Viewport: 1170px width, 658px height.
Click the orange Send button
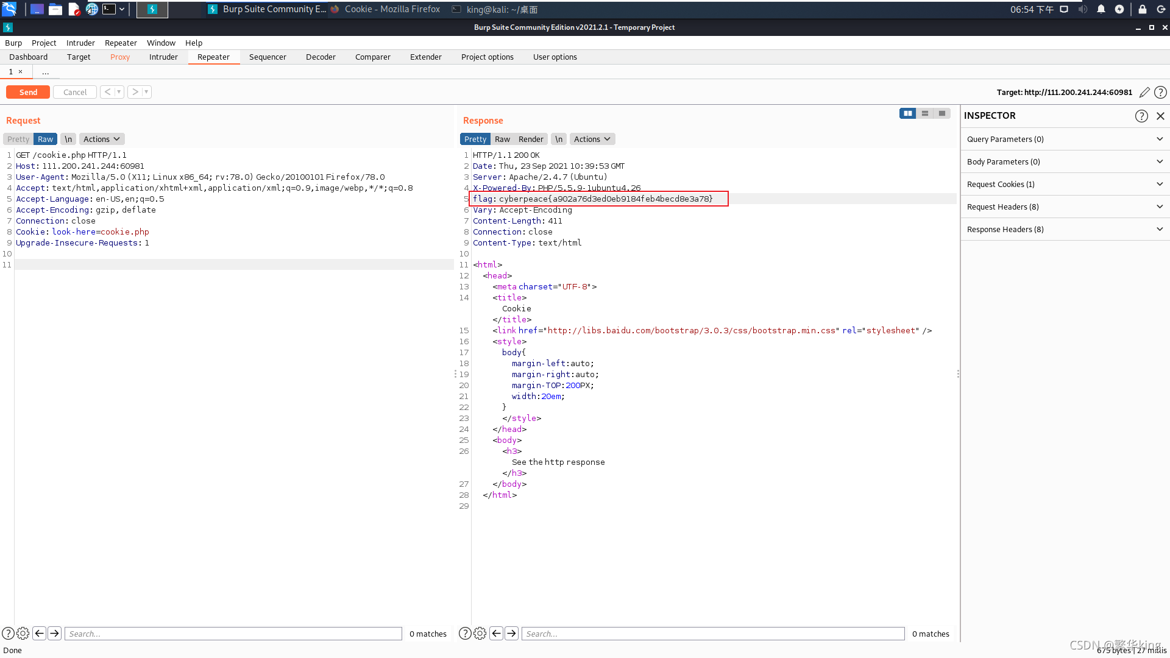[x=28, y=92]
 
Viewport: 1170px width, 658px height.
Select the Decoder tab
[x=321, y=57]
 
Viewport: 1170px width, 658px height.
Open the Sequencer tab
[x=268, y=57]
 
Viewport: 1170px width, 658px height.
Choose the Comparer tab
[x=373, y=57]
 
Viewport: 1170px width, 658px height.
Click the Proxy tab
[x=120, y=57]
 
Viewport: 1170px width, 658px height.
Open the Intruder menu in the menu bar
[x=80, y=43]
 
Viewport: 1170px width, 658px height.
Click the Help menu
[x=194, y=43]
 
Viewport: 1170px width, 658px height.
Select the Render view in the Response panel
[x=531, y=139]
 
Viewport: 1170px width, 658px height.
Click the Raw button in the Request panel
[x=46, y=139]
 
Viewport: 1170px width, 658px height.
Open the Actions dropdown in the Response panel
[x=592, y=139]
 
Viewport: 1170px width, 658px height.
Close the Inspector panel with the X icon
[x=1160, y=116]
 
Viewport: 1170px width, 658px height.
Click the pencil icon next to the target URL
[x=1144, y=92]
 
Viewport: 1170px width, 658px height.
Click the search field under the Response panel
[x=713, y=634]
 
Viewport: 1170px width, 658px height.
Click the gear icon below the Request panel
[x=23, y=634]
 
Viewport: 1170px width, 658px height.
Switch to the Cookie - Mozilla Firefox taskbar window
[x=386, y=9]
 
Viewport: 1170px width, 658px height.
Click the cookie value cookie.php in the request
[x=125, y=232]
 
